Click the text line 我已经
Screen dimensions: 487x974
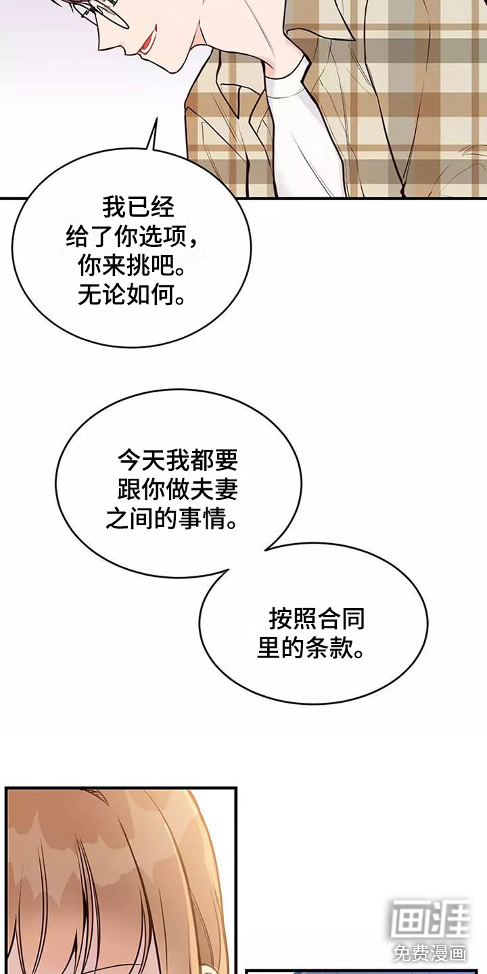tap(138, 208)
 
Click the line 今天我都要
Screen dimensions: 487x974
tap(177, 461)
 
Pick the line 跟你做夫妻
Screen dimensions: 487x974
tap(177, 490)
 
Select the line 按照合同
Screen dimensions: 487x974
tap(317, 619)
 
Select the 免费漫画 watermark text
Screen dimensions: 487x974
tap(430, 953)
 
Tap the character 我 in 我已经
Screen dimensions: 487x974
tap(114, 208)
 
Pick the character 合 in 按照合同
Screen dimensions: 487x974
tap(328, 619)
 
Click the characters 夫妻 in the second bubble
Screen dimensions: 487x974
tap(214, 490)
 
